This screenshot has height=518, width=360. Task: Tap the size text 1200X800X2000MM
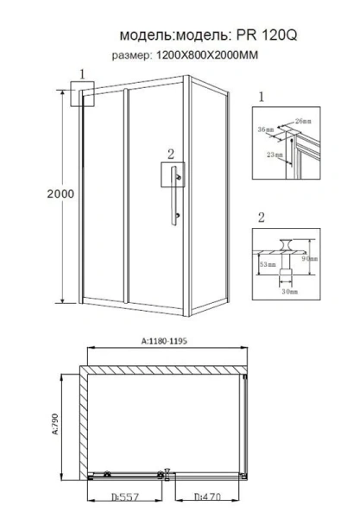tap(208, 56)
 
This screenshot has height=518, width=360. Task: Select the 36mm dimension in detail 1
tap(266, 130)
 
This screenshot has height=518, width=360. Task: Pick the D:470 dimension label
tap(208, 498)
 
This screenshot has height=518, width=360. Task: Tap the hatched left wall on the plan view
tap(84, 423)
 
